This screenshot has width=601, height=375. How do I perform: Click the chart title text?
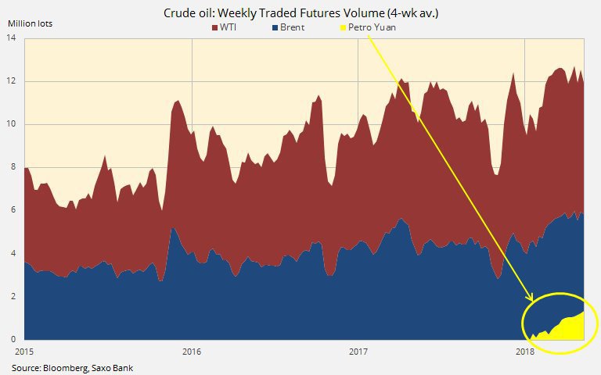300,12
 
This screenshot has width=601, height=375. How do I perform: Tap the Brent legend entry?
290,28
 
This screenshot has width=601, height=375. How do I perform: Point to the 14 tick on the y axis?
14,38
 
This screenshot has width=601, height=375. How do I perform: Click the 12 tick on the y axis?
14,81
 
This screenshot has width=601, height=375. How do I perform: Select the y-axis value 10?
14,124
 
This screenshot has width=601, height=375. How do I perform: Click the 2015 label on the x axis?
25,352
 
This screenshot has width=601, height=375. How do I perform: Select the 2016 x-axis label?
191,352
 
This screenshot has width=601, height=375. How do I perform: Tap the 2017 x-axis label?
358,352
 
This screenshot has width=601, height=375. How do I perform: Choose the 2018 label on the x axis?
525,352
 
